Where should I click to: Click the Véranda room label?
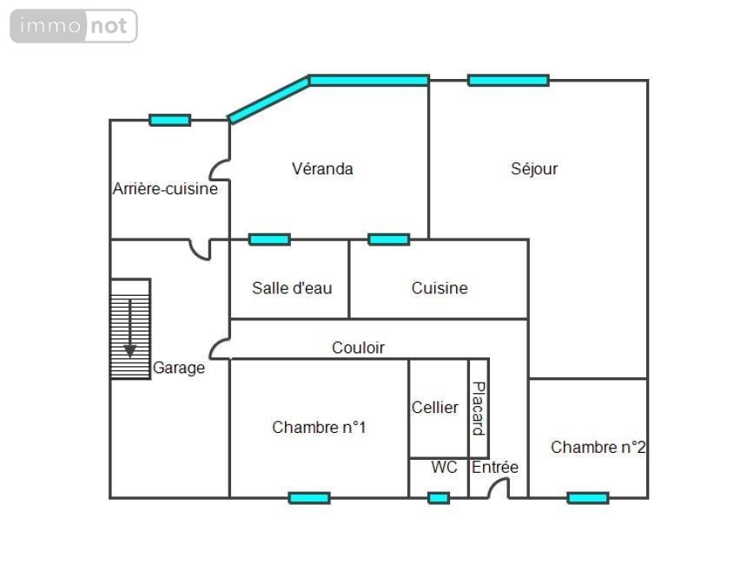[x=322, y=169]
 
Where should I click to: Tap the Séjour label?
[x=534, y=169]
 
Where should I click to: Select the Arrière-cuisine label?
[x=165, y=188]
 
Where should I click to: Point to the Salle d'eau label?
[x=292, y=288]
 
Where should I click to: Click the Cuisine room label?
[x=440, y=288]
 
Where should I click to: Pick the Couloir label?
[x=358, y=348]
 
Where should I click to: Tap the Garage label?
[x=179, y=368]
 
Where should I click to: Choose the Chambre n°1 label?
[x=319, y=427]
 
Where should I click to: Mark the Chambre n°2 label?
[x=598, y=448]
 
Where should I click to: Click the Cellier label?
[x=435, y=407]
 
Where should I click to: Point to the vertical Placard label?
[x=478, y=408]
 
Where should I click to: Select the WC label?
[x=444, y=468]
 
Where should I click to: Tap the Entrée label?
[x=495, y=468]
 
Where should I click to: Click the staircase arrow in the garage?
[x=130, y=328]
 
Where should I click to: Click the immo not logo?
[x=74, y=26]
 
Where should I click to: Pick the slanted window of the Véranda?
[x=268, y=100]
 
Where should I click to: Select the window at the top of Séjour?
[x=508, y=81]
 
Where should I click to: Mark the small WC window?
[x=439, y=497]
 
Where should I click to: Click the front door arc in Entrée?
[x=499, y=488]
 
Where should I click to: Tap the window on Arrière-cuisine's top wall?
[x=169, y=120]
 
